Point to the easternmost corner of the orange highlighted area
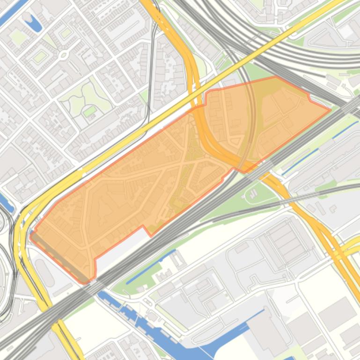[x=331, y=110]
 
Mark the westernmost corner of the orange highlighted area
[x=30, y=235]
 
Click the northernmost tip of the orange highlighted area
[x=275, y=77]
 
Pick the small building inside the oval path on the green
[x=253, y=193]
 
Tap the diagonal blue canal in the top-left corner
[x=14, y=12]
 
